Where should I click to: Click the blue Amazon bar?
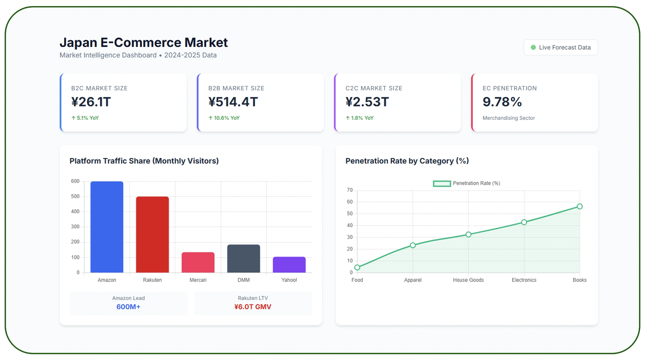tap(107, 227)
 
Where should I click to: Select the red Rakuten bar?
tap(152, 235)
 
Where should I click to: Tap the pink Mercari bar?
tap(198, 262)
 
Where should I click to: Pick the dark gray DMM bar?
tap(243, 259)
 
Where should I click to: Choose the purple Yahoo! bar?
tap(289, 265)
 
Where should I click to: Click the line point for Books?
tap(579, 206)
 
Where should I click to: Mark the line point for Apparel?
tap(413, 245)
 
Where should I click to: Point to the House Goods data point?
tap(468, 234)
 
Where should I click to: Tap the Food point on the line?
tap(357, 267)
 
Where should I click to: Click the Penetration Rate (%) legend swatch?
tap(442, 183)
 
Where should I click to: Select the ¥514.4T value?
tap(233, 102)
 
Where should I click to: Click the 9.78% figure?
tap(502, 102)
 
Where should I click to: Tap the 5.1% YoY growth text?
tap(85, 118)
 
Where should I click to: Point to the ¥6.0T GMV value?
tap(253, 307)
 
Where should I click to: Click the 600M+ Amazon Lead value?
tap(128, 307)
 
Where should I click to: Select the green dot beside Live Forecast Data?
tap(533, 47)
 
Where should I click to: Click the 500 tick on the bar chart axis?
tap(75, 196)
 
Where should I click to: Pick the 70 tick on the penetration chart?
tap(350, 190)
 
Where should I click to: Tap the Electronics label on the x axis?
tap(524, 280)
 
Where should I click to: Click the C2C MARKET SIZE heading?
tap(374, 88)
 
